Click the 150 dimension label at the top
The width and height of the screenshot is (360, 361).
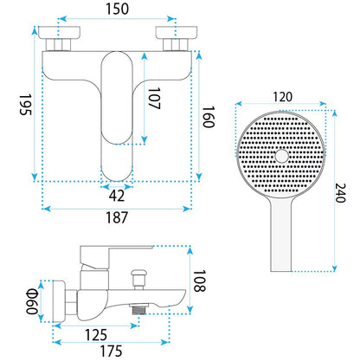click(117, 9)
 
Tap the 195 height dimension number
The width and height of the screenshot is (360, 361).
click(25, 105)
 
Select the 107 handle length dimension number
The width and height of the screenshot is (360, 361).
click(154, 99)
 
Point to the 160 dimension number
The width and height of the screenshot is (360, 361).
click(209, 117)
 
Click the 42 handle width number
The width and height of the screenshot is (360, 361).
click(117, 196)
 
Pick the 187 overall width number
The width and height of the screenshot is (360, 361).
click(117, 217)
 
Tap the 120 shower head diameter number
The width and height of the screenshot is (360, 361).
click(282, 97)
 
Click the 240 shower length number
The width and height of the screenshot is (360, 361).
click(340, 193)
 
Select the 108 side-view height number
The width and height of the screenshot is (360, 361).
click(199, 281)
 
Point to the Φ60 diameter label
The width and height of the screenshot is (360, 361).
click(32, 301)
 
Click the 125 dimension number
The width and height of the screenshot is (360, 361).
click(96, 335)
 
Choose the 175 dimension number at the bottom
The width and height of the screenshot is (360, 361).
click(111, 351)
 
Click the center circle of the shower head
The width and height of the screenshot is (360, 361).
click(282, 156)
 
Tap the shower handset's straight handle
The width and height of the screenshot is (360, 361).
click(281, 235)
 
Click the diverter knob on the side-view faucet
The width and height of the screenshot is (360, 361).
click(139, 279)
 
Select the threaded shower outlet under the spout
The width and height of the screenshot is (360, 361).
click(138, 309)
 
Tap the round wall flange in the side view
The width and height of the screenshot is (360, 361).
click(59, 301)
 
